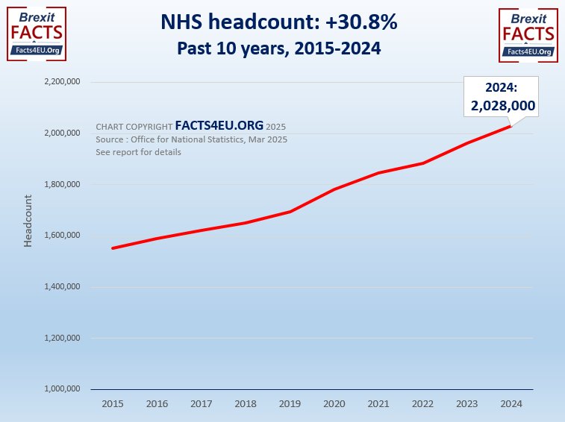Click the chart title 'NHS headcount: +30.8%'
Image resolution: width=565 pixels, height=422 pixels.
coord(279,23)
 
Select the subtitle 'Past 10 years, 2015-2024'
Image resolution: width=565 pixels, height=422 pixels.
coord(279,48)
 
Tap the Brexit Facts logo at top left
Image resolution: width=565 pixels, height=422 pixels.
coord(36,34)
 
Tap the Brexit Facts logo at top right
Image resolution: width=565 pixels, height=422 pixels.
coord(528,34)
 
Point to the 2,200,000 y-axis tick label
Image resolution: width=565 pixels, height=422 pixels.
coord(63,82)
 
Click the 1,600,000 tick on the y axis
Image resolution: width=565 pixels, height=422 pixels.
coord(63,236)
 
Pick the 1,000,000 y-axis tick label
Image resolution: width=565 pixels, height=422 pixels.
coord(63,389)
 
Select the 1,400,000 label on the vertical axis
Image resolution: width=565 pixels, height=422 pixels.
coord(63,287)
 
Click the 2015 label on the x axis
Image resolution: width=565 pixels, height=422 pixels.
coord(112,403)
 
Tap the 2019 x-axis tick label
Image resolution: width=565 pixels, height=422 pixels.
coord(289,403)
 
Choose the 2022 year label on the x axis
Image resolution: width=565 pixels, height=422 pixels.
coord(422,403)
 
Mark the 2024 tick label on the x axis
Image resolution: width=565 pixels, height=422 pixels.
coord(511,403)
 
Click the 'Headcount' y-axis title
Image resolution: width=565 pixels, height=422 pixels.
coord(28,221)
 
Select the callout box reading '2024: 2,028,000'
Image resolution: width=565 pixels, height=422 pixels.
coord(502,97)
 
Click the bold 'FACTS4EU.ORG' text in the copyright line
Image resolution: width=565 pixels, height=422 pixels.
coord(219,126)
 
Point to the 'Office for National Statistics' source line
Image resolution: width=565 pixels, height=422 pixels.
coord(192,139)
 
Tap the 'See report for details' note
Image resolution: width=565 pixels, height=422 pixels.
coord(138,152)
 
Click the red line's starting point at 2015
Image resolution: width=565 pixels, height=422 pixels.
coord(113,248)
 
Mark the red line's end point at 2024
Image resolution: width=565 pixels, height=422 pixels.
coord(511,126)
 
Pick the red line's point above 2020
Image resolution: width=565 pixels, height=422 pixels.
coord(334,189)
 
